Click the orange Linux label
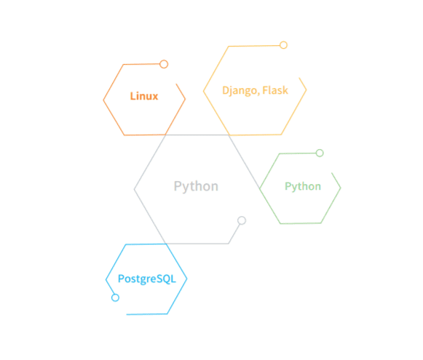[144, 96]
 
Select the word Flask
[275, 90]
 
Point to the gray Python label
[196, 186]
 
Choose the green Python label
[303, 186]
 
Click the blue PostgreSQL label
[147, 279]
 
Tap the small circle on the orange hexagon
[164, 64]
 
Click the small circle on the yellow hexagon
[283, 45]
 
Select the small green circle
[320, 153]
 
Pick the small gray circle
[242, 220]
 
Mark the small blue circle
[115, 297]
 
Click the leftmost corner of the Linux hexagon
[103, 100]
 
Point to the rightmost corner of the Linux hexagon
[186, 99]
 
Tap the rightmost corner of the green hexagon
[341, 188]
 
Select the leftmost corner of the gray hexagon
[134, 189]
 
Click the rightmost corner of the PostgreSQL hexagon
[187, 279]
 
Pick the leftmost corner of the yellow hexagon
[203, 91]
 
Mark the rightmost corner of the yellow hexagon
[307, 89]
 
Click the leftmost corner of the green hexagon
[259, 188]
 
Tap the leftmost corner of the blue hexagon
[106, 280]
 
